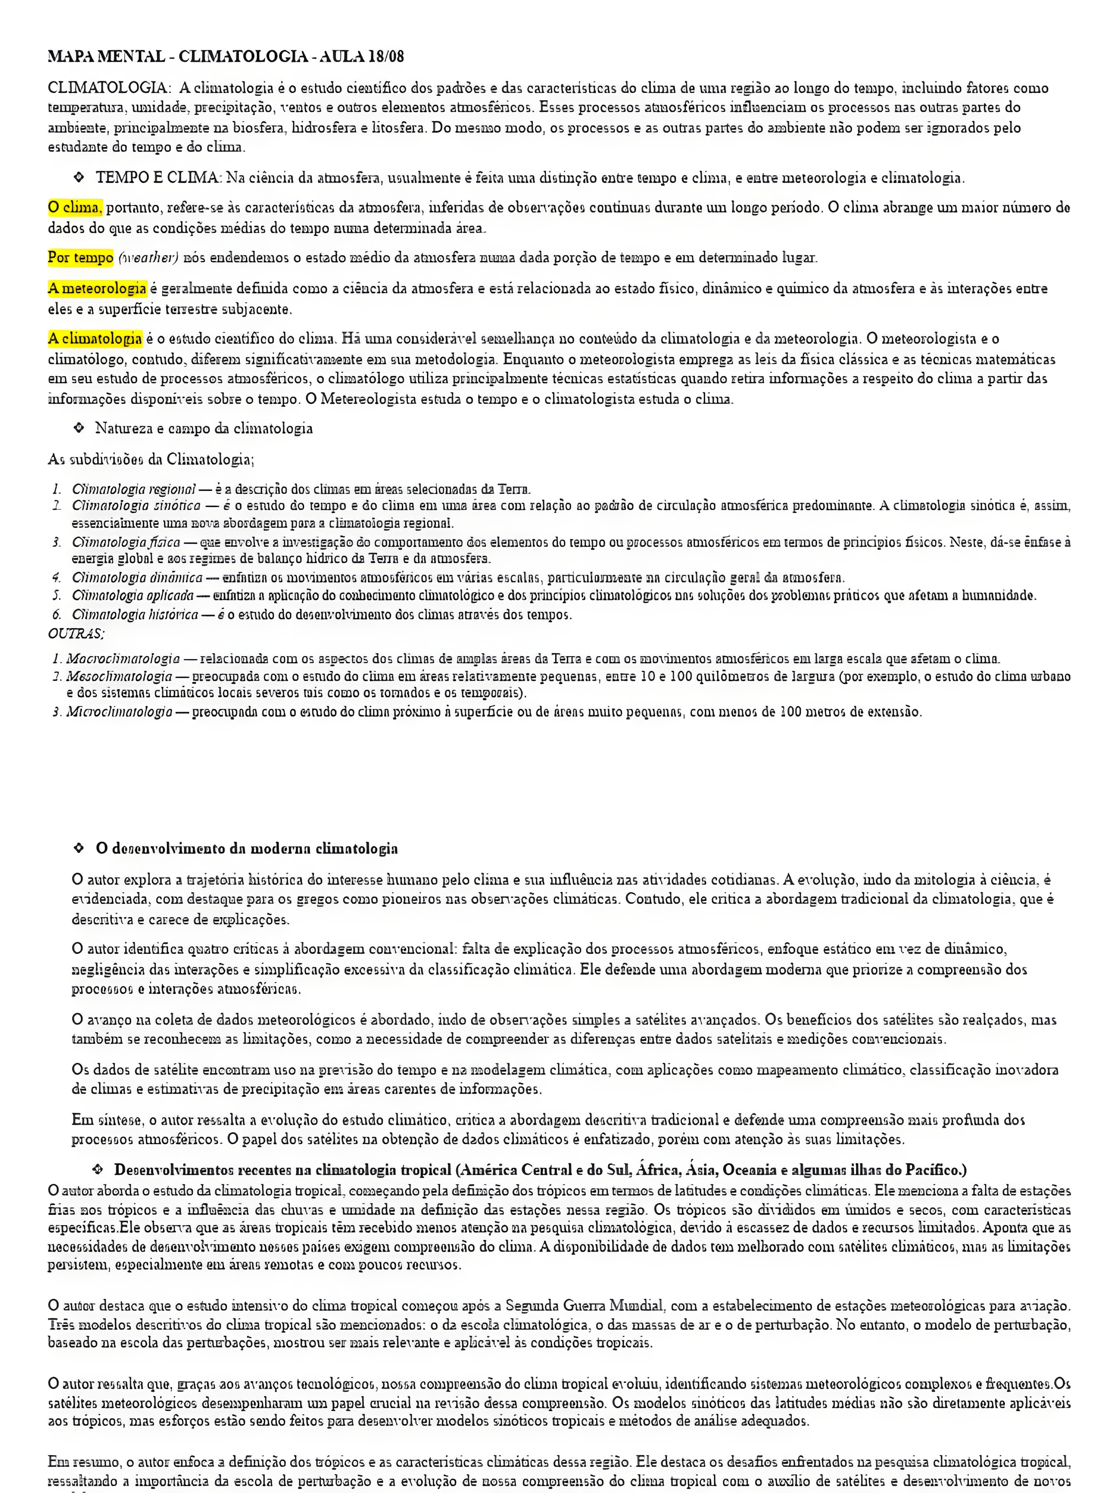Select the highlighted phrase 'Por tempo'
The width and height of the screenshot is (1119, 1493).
pyautogui.click(x=80, y=257)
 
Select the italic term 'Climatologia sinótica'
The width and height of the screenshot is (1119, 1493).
pyautogui.click(x=136, y=505)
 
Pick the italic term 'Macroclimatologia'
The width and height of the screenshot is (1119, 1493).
pyautogui.click(x=123, y=658)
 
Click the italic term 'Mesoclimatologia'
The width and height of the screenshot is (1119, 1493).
pyautogui.click(x=119, y=676)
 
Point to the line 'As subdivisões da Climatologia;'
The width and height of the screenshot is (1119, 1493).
pyautogui.click(x=150, y=460)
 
